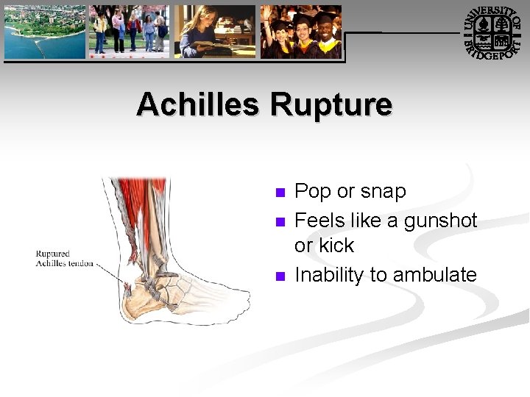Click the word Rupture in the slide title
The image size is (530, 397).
tap(331, 104)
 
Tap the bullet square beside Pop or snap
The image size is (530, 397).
tap(279, 193)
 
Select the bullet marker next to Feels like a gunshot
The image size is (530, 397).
tap(279, 222)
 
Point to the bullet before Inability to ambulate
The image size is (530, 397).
tap(279, 276)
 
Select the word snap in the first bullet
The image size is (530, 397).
tap(384, 192)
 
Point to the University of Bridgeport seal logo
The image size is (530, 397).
tap(494, 33)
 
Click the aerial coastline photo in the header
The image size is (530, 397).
tap(44, 32)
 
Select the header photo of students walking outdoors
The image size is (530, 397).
tap(129, 32)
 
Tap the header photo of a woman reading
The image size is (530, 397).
tap(215, 32)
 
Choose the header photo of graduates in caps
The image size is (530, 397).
tap(301, 32)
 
